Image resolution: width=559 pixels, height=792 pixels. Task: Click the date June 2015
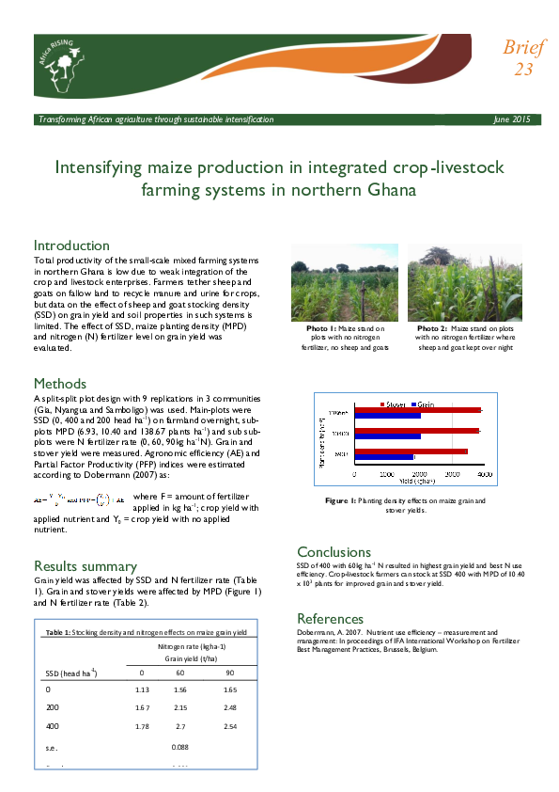coord(511,119)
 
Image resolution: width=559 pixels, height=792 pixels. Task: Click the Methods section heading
coord(60,384)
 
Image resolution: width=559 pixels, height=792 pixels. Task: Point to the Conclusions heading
coord(334,552)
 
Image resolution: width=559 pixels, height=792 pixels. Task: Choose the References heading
coord(330,619)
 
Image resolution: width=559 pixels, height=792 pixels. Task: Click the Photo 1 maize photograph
coord(344,282)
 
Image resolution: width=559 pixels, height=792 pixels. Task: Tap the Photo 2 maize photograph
coord(458,282)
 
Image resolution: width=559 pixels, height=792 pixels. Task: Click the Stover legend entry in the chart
coord(393,404)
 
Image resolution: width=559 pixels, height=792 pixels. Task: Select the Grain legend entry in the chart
coord(425,404)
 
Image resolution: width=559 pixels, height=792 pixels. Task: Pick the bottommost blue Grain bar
coord(383,458)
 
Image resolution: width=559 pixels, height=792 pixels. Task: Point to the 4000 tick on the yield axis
coord(485,475)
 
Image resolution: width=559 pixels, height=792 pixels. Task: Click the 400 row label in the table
coord(54,727)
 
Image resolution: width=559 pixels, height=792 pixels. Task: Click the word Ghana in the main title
coord(384,189)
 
